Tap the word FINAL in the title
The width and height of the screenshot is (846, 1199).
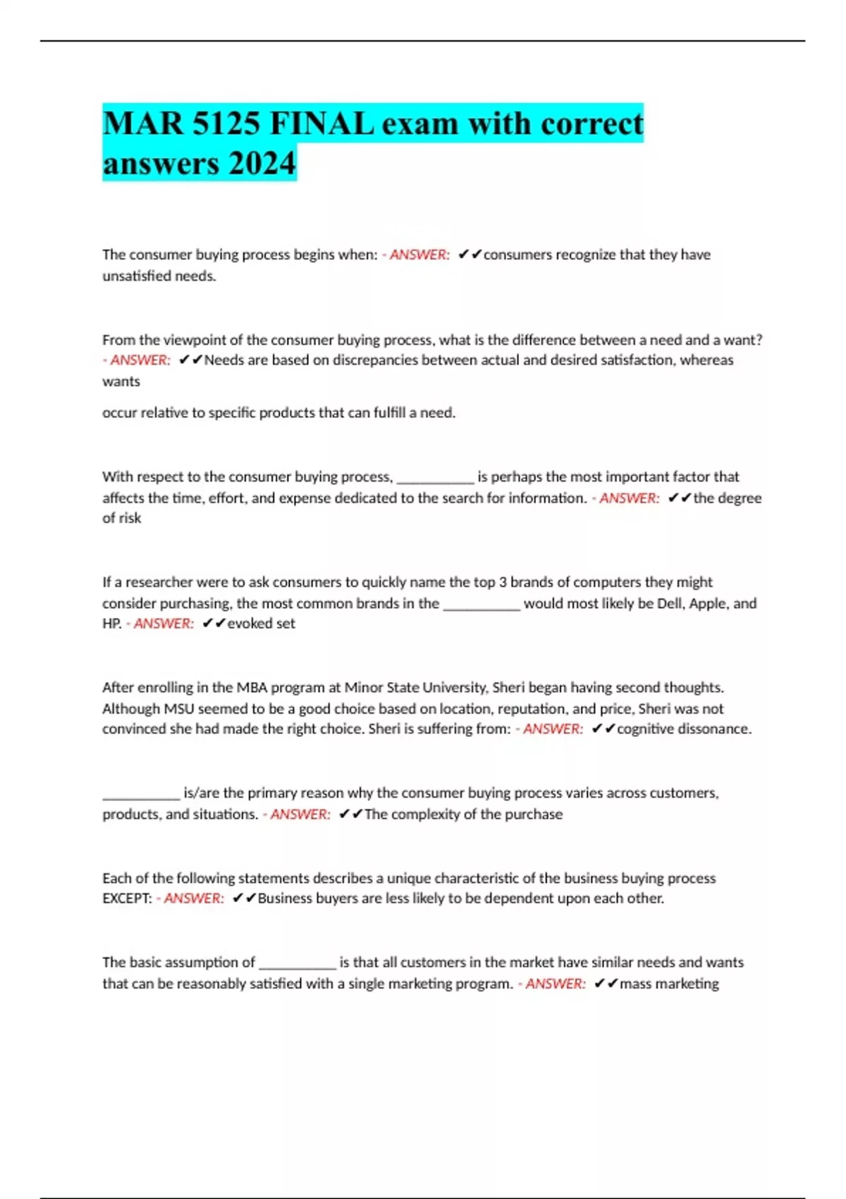[321, 124]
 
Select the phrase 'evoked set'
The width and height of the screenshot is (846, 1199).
[261, 623]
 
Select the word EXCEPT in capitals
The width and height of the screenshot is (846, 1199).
[127, 898]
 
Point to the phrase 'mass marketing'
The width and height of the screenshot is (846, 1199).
[669, 983]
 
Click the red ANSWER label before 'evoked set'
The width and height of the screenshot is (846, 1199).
[164, 623]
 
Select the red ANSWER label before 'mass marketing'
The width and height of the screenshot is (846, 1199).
[555, 983]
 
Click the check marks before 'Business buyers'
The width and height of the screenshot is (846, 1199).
[244, 898]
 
